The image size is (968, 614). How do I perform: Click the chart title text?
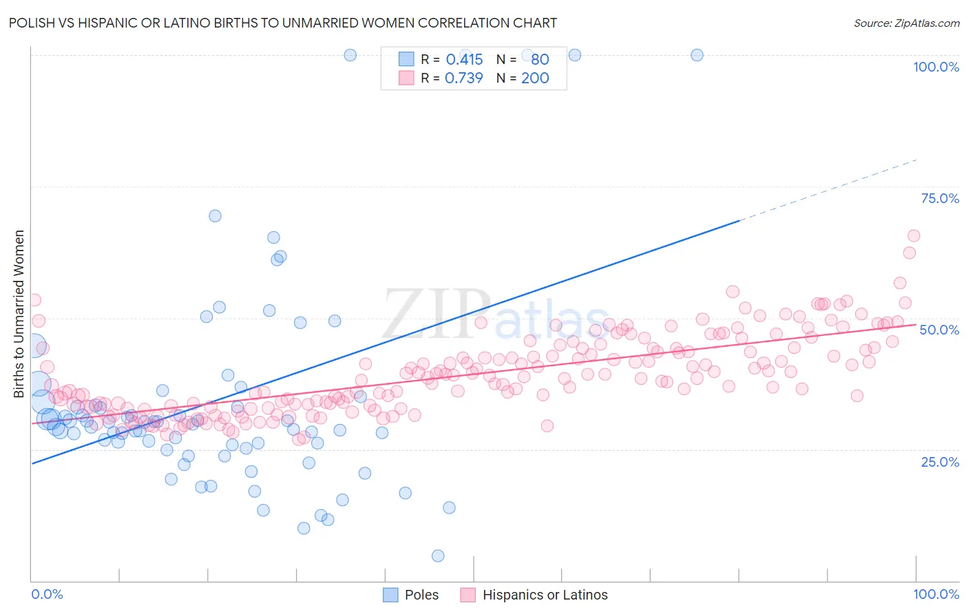(x=283, y=23)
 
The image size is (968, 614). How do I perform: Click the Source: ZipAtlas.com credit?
(x=906, y=23)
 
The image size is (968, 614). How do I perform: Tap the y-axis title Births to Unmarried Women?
(x=19, y=314)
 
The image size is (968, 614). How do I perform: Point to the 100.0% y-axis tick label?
(x=936, y=67)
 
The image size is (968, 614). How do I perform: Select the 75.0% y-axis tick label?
(x=940, y=198)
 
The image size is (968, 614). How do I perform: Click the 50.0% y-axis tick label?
(x=939, y=330)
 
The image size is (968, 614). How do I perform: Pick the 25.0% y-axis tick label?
(x=940, y=461)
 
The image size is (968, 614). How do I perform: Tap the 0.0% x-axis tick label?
(x=47, y=594)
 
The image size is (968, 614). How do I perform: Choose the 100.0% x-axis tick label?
(x=936, y=594)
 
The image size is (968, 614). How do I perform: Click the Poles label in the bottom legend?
(x=421, y=595)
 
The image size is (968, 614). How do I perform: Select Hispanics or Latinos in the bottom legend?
(x=545, y=595)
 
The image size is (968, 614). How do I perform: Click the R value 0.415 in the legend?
(x=464, y=59)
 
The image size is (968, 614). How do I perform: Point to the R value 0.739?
(x=464, y=78)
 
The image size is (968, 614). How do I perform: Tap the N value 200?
(x=535, y=78)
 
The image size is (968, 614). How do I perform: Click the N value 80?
(x=540, y=59)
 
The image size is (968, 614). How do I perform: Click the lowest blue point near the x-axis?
(x=438, y=555)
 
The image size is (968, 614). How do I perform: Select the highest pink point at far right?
(x=914, y=235)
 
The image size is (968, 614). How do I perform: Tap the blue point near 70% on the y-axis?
(x=215, y=215)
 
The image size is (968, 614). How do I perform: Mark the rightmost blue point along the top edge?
(x=697, y=55)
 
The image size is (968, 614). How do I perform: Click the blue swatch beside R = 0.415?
(x=406, y=59)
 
